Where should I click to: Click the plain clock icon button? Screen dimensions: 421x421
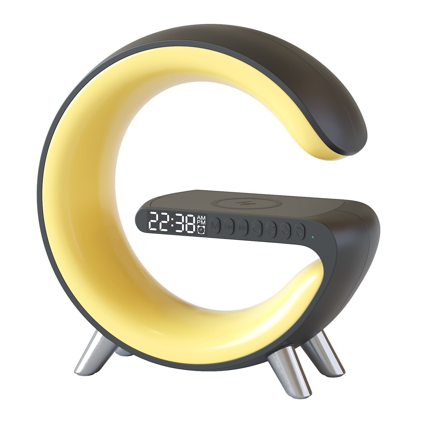coord(257,228)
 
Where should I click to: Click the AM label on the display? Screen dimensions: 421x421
coord(201,218)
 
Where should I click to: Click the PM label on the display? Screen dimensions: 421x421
coord(201,223)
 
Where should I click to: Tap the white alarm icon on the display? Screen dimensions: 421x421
coord(201,230)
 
